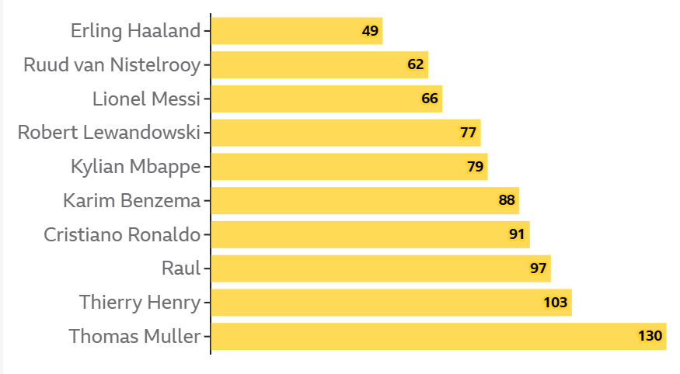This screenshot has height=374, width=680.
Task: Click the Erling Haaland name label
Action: click(x=136, y=31)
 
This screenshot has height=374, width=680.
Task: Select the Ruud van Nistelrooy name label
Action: click(x=112, y=65)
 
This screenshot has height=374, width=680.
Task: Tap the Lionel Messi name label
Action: click(x=146, y=99)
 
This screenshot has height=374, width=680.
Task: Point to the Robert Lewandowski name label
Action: click(x=109, y=133)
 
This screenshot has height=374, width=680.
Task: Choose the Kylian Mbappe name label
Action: click(x=135, y=167)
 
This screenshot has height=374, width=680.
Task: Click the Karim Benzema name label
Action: click(x=131, y=201)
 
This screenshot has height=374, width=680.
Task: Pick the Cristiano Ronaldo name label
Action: click(x=122, y=235)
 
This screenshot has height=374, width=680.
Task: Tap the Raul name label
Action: click(x=181, y=269)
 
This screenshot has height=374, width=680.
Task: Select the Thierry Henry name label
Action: click(x=140, y=303)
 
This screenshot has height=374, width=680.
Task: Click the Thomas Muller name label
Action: click(x=134, y=337)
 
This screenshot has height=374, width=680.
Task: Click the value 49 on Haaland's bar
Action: click(x=370, y=31)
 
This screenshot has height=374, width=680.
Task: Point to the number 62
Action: click(x=416, y=64)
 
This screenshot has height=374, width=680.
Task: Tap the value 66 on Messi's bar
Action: click(x=430, y=99)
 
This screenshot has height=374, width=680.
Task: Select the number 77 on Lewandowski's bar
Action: click(x=468, y=133)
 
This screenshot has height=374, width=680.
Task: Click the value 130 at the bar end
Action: click(x=650, y=337)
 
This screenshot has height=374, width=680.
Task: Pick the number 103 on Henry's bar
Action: click(x=556, y=303)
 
